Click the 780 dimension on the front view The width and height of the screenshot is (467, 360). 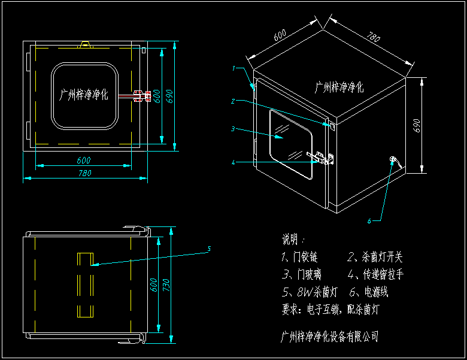85,173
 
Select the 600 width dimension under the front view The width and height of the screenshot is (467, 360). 83,160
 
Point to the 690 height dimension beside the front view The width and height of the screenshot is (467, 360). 169,96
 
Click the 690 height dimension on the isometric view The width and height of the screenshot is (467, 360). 417,125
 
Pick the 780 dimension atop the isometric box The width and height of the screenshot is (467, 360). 372,38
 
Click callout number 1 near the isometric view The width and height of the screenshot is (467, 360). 234,68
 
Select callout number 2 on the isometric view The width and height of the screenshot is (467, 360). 233,101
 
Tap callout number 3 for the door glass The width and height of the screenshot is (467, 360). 233,129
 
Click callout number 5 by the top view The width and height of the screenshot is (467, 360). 209,248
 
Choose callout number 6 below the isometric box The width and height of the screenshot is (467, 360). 369,220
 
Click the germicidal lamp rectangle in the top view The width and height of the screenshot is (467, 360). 85,285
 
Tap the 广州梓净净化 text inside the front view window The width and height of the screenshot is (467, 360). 84,95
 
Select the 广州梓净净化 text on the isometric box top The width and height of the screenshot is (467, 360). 339,87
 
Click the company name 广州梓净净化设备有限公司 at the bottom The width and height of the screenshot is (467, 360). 330,336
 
